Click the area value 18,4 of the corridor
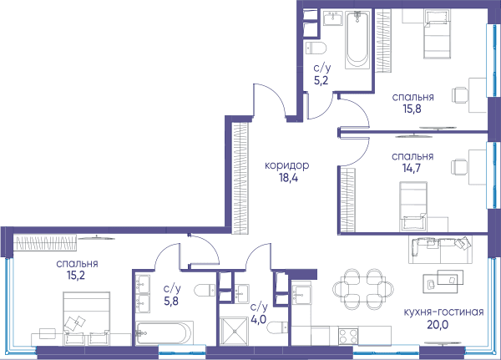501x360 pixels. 288,178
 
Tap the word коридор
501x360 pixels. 287,165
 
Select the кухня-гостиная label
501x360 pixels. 443,312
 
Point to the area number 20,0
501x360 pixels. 438,325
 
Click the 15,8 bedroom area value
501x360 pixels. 412,109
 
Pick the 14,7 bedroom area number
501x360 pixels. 412,168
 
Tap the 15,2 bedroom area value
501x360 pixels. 76,276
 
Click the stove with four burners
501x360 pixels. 348,336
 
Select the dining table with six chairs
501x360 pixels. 363,289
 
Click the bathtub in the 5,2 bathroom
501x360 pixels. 357,39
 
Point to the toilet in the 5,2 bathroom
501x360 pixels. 316,48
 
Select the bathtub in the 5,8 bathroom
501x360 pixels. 164,333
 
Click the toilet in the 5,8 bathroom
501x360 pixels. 205,290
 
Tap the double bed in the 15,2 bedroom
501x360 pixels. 87,318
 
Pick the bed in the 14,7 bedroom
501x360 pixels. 413,206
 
